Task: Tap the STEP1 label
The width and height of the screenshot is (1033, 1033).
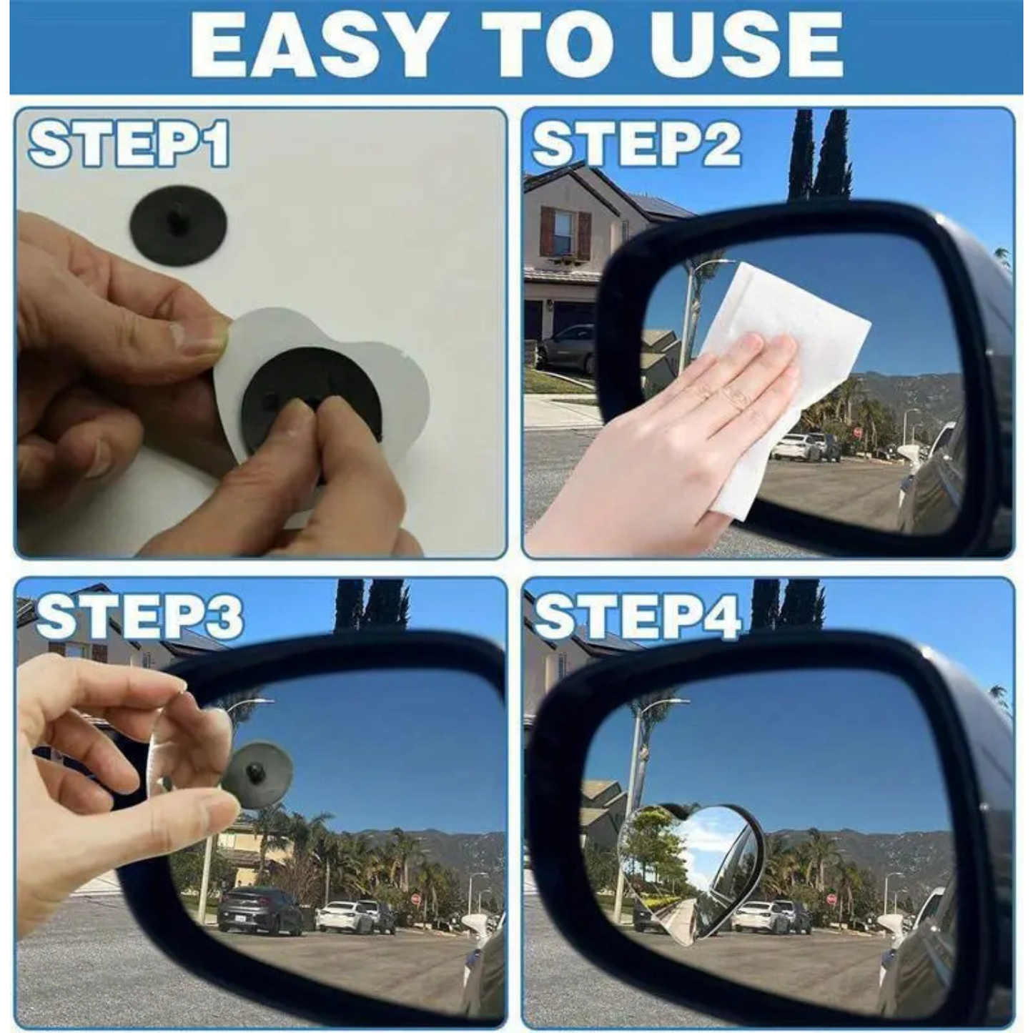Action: (129, 144)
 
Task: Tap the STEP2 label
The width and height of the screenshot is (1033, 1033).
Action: (636, 144)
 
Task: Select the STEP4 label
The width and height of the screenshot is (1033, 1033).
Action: (636, 616)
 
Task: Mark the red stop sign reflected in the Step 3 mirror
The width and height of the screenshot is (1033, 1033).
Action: (415, 899)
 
